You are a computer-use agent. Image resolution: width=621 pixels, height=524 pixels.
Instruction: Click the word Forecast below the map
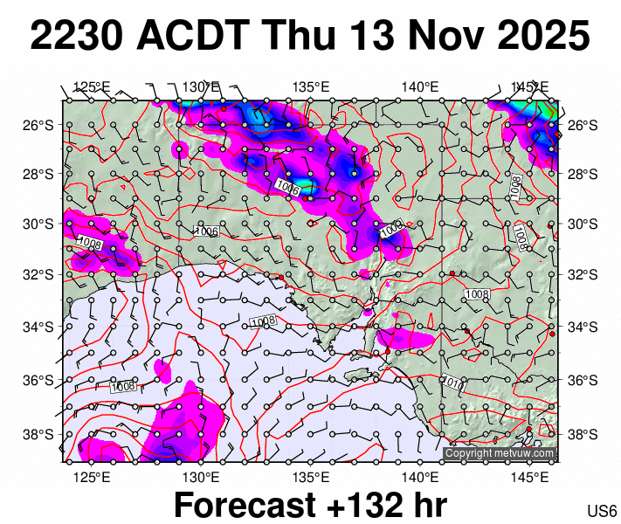pyautogui.click(x=247, y=505)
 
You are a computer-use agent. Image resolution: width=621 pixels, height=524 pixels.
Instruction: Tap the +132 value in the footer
pyautogui.click(x=368, y=505)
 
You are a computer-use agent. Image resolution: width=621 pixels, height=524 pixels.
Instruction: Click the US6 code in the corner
pyautogui.click(x=602, y=510)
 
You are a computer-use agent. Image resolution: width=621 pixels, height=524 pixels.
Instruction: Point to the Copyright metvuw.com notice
pyautogui.click(x=499, y=453)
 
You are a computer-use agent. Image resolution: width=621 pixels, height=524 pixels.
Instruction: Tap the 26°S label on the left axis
pyautogui.click(x=44, y=125)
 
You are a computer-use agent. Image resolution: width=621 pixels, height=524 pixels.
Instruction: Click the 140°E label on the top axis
pyautogui.click(x=420, y=86)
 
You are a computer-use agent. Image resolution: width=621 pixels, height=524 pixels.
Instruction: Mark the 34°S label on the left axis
pyautogui.click(x=44, y=327)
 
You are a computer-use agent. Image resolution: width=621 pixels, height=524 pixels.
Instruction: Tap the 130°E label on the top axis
pyautogui.click(x=201, y=86)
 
